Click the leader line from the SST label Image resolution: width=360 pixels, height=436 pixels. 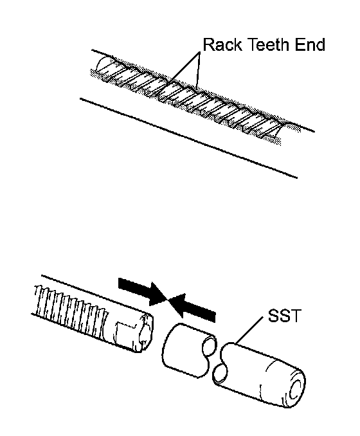(x=249, y=331)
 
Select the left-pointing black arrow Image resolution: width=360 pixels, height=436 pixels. (x=192, y=306)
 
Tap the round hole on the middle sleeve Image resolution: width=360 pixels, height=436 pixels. (x=209, y=345)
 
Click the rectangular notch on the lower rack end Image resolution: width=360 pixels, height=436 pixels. (x=125, y=329)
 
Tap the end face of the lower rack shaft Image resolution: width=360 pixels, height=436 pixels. (x=146, y=331)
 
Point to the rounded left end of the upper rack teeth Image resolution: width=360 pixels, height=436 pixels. (x=101, y=66)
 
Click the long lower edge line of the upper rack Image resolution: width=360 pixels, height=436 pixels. (x=188, y=138)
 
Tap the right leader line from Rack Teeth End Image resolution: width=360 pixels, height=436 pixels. (x=198, y=70)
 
